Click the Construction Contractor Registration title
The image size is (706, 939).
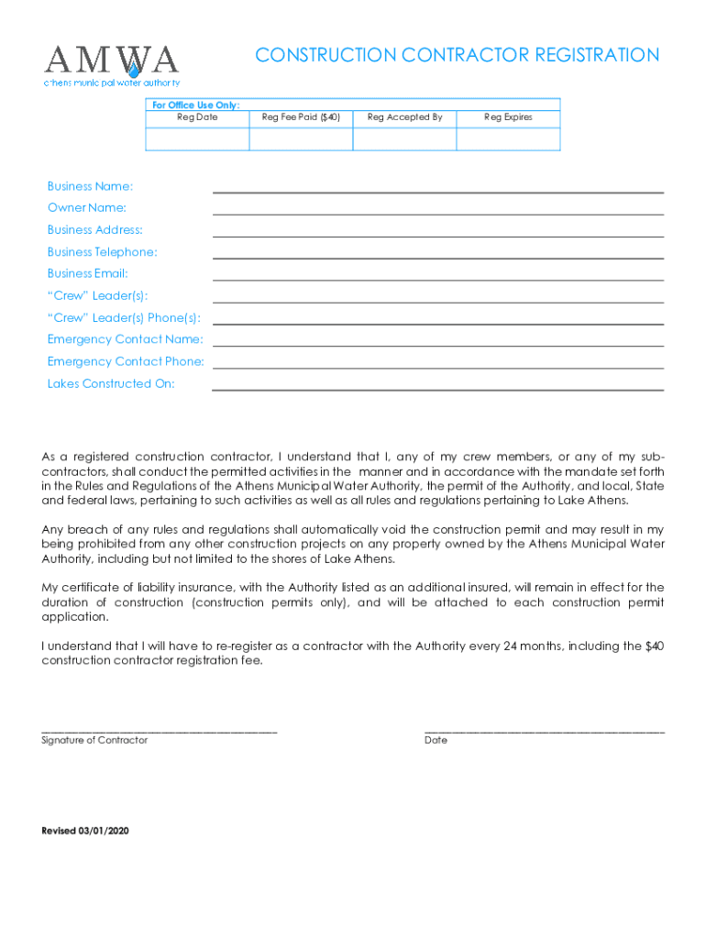[x=457, y=56]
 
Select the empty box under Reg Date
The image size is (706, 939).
[x=197, y=138]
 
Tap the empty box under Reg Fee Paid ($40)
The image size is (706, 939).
[x=301, y=138]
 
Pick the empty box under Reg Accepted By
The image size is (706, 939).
[x=404, y=138]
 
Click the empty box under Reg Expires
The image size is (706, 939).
[x=508, y=138]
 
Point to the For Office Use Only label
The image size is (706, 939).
[x=195, y=105]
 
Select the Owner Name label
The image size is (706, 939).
[x=87, y=208]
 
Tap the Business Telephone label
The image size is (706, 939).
[x=102, y=252]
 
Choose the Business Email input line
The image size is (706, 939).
[x=437, y=275]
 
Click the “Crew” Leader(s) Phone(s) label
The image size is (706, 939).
[x=124, y=318]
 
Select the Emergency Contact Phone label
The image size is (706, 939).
[x=126, y=362]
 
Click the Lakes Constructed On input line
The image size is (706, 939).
[x=437, y=385]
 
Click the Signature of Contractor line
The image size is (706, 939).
[x=160, y=730]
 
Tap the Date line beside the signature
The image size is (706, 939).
[x=545, y=730]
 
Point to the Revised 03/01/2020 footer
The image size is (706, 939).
[x=86, y=831]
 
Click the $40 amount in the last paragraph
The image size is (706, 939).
[x=654, y=646]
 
